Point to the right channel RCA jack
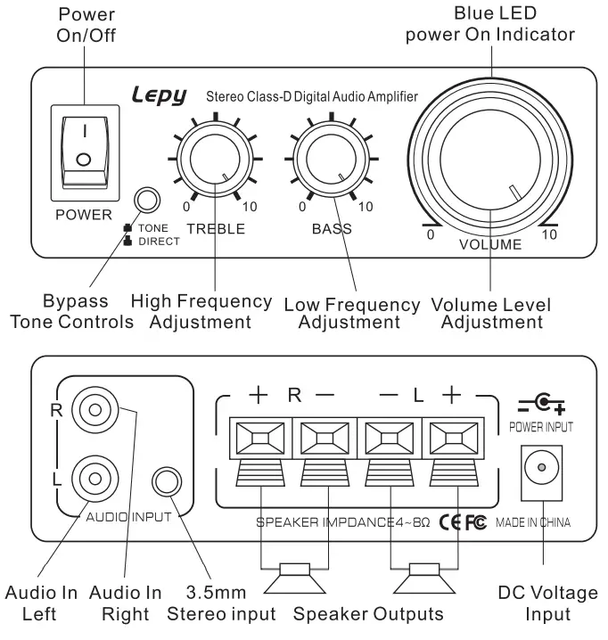coord(94,411)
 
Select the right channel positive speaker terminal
coord(259,441)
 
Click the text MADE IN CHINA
coord(533,521)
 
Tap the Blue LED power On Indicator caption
coord(489,24)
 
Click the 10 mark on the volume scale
coord(549,234)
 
